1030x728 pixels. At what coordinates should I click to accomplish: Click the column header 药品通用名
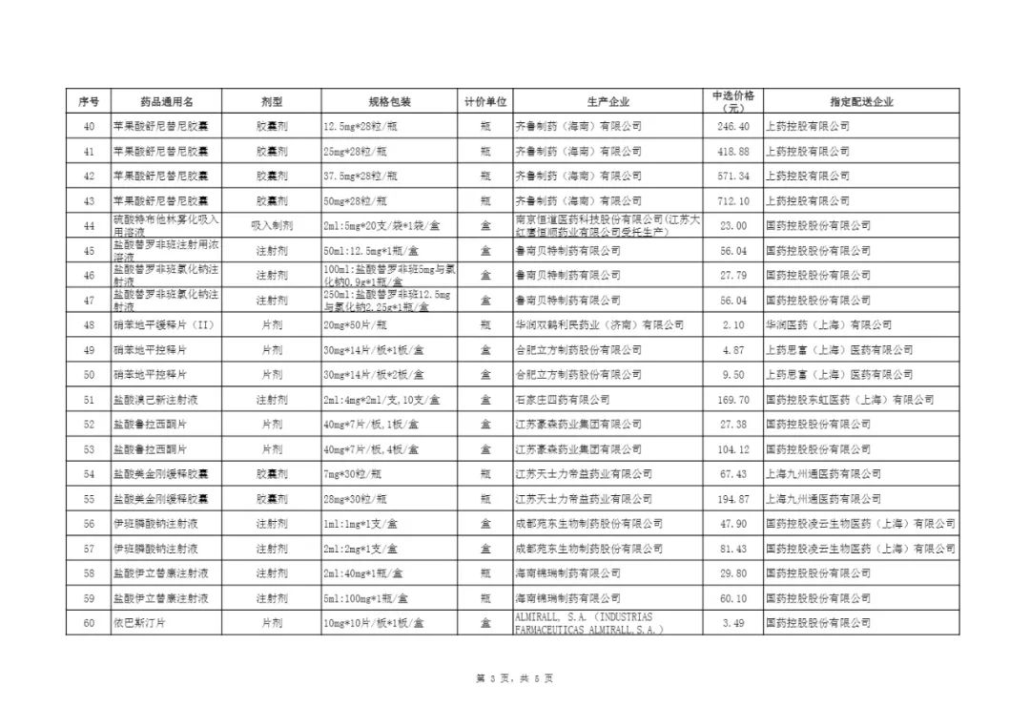click(166, 101)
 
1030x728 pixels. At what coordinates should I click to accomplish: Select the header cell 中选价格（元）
click(733, 101)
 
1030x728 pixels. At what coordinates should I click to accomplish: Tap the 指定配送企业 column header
click(861, 101)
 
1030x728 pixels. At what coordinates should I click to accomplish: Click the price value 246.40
click(733, 126)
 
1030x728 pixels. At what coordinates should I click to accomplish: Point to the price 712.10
click(733, 200)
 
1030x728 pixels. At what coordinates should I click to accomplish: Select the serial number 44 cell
click(89, 225)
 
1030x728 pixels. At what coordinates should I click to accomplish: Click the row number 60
click(89, 623)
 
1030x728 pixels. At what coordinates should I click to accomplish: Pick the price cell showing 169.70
click(733, 400)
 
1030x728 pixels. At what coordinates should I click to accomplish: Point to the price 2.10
click(733, 325)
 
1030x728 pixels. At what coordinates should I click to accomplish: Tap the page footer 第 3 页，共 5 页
click(514, 678)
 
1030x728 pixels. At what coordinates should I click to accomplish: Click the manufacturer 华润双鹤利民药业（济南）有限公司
click(599, 325)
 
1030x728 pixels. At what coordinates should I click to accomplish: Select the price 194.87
click(733, 499)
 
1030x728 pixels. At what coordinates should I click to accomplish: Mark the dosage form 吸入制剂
click(272, 225)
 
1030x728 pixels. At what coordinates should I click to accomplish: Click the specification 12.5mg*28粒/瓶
click(365, 126)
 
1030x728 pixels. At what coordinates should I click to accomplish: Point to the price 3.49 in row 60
click(733, 623)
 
